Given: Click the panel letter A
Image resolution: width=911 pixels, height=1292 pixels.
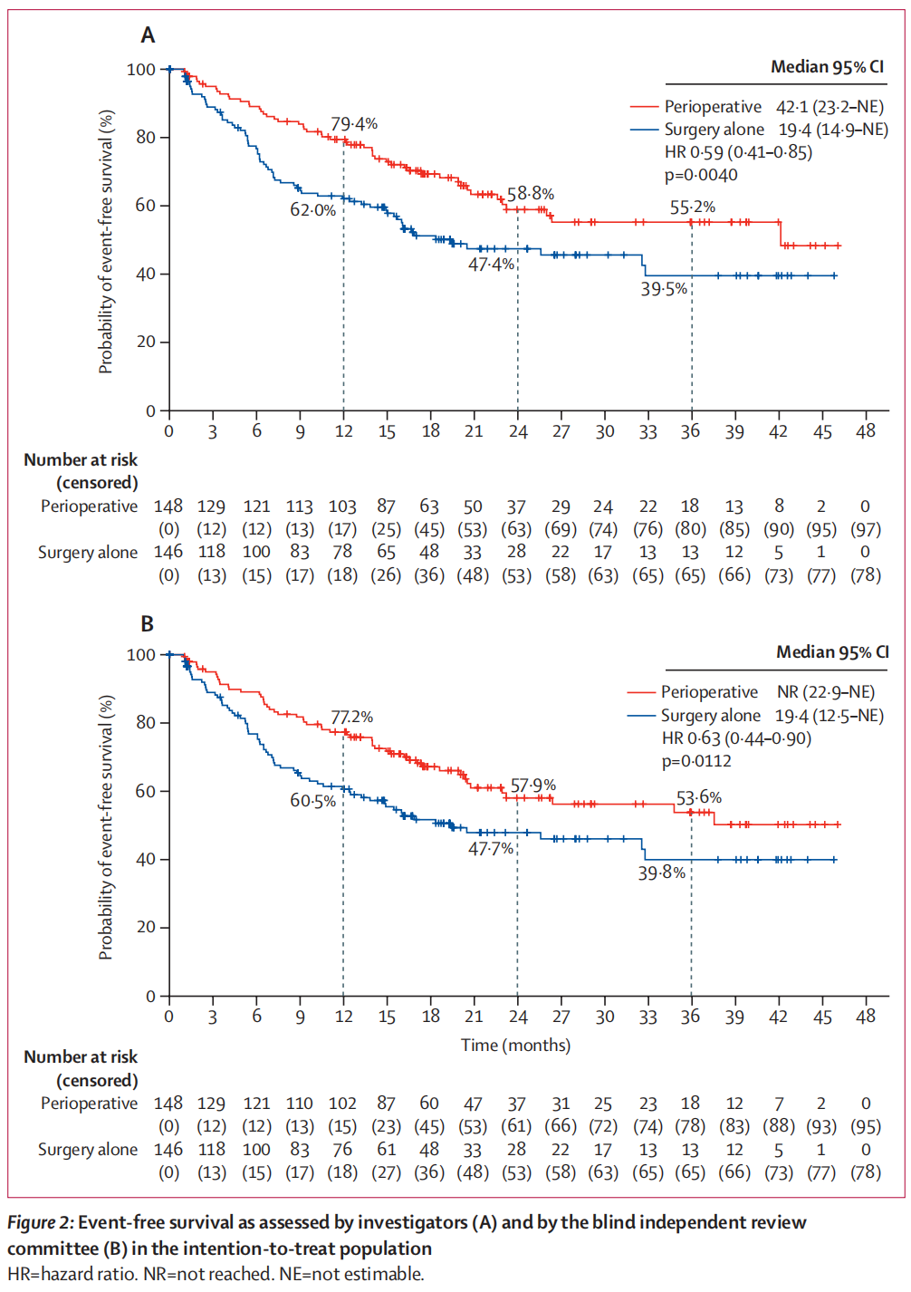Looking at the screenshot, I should point(148,35).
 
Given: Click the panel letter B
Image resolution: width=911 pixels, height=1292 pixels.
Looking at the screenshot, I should point(148,624).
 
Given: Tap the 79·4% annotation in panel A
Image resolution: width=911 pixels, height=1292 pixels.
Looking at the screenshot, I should point(354,124).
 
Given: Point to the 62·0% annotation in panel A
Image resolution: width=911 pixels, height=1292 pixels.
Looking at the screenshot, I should point(312,210).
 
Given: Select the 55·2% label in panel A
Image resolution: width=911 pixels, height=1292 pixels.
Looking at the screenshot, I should point(693,207).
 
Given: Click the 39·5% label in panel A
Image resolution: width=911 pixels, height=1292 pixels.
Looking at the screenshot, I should point(664,289).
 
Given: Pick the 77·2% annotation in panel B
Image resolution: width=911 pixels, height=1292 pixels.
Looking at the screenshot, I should point(351,718).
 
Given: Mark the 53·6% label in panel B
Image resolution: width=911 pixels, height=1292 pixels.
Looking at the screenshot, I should point(699,798).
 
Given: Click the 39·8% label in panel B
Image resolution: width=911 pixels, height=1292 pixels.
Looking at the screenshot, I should point(662,873).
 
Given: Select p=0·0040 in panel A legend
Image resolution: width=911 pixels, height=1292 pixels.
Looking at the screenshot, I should point(701,175).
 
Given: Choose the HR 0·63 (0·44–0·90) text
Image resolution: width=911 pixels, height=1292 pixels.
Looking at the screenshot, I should point(736,738).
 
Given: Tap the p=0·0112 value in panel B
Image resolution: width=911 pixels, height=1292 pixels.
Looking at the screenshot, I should point(696,761).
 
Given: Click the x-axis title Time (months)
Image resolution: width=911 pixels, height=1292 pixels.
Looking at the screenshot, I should point(515,1046).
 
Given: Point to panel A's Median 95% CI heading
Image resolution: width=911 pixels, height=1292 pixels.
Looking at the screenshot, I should point(827,67).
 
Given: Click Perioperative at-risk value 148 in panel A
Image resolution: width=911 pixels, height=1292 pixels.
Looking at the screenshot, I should point(168,506).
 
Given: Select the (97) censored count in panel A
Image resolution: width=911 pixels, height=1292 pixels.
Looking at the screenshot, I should point(866,529).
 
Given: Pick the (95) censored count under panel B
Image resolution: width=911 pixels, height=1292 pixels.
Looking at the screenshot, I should point(866,1126).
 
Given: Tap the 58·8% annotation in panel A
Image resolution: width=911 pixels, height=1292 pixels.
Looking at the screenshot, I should point(531,194).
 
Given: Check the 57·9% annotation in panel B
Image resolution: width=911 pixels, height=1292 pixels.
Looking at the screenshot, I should point(533,786).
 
